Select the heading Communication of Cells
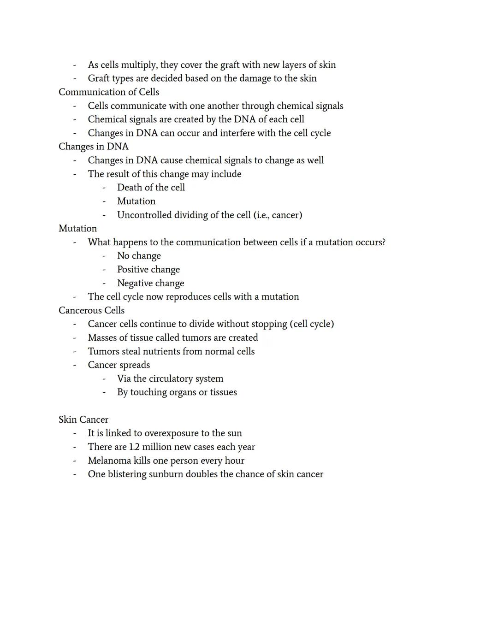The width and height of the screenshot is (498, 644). pyautogui.click(x=109, y=92)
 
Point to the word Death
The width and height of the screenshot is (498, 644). pyautogui.click(x=130, y=188)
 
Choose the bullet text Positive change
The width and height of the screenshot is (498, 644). pyautogui.click(x=148, y=270)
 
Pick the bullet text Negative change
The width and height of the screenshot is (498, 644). pyautogui.click(x=150, y=284)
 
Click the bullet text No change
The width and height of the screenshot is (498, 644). pyautogui.click(x=139, y=256)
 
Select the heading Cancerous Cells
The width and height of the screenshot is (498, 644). pyautogui.click(x=91, y=311)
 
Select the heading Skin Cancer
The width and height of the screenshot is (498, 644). pyautogui.click(x=83, y=420)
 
